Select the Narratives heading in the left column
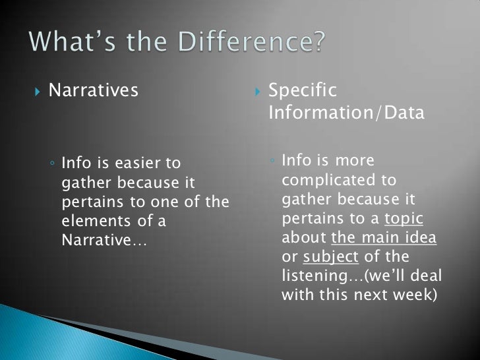tap(93, 90)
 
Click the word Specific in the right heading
tap(303, 90)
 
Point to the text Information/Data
tap(347, 113)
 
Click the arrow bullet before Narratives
tap(37, 91)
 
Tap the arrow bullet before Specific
tap(258, 91)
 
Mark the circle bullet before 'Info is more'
tap(272, 161)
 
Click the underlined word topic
tap(404, 218)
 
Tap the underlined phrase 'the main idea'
tap(384, 237)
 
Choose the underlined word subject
tap(330, 256)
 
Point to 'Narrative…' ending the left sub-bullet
tap(104, 240)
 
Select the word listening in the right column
tap(313, 276)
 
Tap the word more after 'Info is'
tap(354, 161)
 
